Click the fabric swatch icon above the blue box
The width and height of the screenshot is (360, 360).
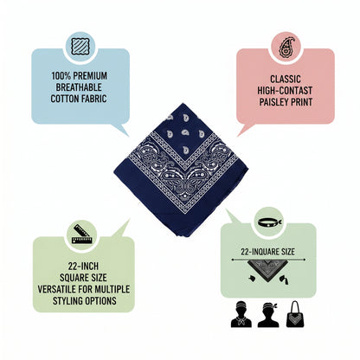pos(80,47)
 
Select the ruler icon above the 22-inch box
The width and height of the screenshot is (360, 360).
pos(82,234)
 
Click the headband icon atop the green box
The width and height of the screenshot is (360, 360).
pos(270,222)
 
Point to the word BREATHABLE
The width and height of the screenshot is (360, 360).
pos(79,87)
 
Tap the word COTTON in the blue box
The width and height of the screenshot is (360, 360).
pos(65,99)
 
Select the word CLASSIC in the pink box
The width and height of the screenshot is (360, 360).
pos(286,79)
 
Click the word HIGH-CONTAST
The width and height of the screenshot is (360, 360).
pos(285,91)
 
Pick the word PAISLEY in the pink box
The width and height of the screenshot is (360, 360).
pos(273,102)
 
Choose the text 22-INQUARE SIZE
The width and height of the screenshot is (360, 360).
pos(268,252)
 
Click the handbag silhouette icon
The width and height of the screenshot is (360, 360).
pos(295,314)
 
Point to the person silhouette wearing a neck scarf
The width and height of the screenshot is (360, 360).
pos(241,314)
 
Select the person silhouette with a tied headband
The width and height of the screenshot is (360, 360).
pos(268,314)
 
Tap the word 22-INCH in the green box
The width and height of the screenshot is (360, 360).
pos(83,266)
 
